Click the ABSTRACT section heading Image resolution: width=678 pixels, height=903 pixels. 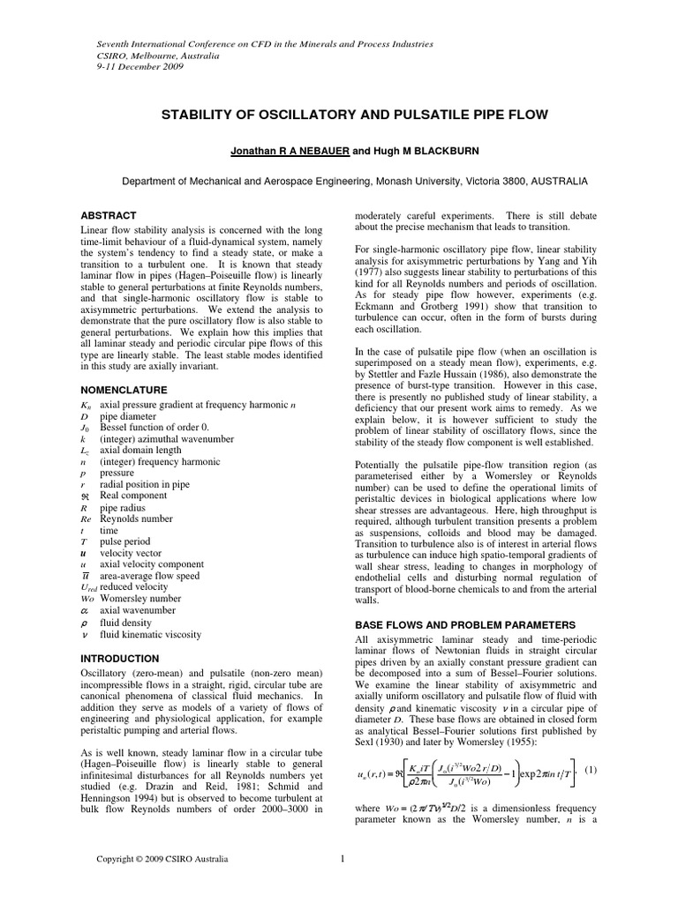[x=109, y=215]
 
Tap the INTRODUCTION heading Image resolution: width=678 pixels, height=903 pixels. [x=120, y=659]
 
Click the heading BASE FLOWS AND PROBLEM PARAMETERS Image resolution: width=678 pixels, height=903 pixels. [x=464, y=624]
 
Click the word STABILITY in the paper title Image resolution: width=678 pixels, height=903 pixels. [x=200, y=116]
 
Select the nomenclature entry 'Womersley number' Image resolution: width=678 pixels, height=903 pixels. [x=141, y=598]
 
